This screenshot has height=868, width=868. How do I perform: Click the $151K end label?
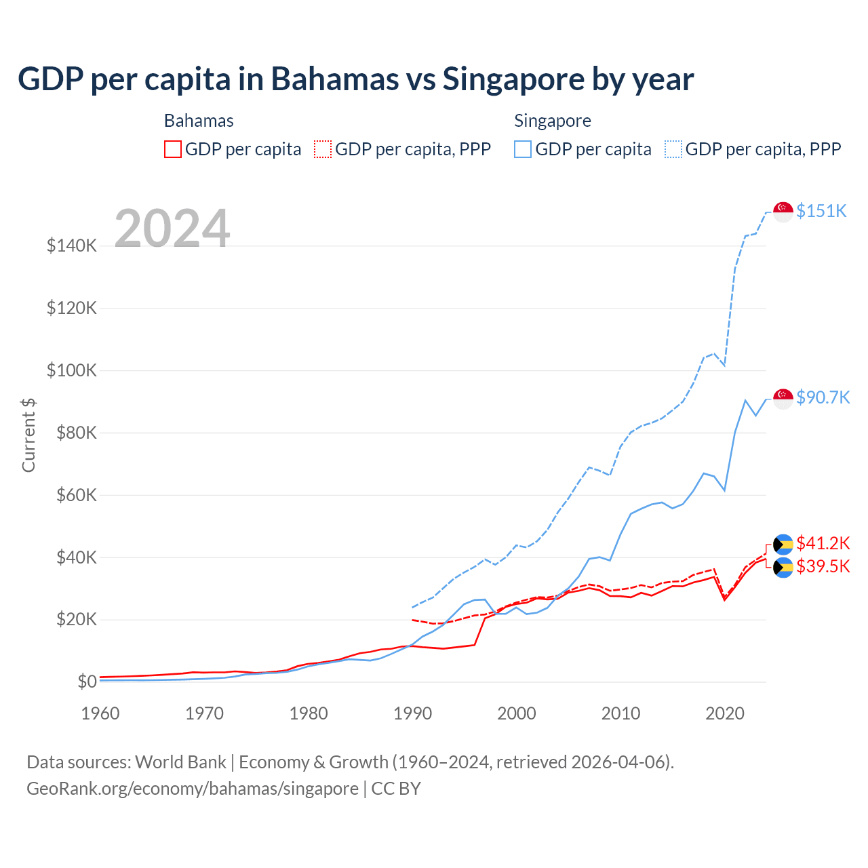click(x=821, y=211)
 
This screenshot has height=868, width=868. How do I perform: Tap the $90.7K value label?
click(x=823, y=397)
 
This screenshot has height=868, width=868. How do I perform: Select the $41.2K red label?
click(x=823, y=543)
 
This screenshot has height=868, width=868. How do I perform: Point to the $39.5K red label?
click(x=823, y=566)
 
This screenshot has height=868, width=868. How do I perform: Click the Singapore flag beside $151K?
click(x=783, y=212)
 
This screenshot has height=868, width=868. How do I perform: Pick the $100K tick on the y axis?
click(x=72, y=371)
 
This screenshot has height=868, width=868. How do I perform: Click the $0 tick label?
click(x=87, y=682)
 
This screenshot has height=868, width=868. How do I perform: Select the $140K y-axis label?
click(x=72, y=245)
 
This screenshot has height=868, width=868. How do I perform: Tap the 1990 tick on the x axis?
click(x=412, y=713)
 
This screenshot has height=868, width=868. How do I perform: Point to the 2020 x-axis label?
click(x=725, y=713)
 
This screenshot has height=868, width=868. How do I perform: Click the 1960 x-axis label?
click(x=100, y=713)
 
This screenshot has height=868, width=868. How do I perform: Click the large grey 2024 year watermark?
click(x=172, y=229)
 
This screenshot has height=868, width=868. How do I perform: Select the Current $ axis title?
click(x=28, y=435)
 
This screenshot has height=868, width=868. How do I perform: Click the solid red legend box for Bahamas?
click(x=173, y=149)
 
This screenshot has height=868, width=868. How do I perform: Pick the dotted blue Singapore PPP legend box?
click(x=673, y=149)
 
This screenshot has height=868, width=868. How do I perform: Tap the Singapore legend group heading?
click(x=552, y=121)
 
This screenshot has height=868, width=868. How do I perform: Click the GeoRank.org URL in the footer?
click(x=193, y=789)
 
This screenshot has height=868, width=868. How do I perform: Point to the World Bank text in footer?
click(x=180, y=762)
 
